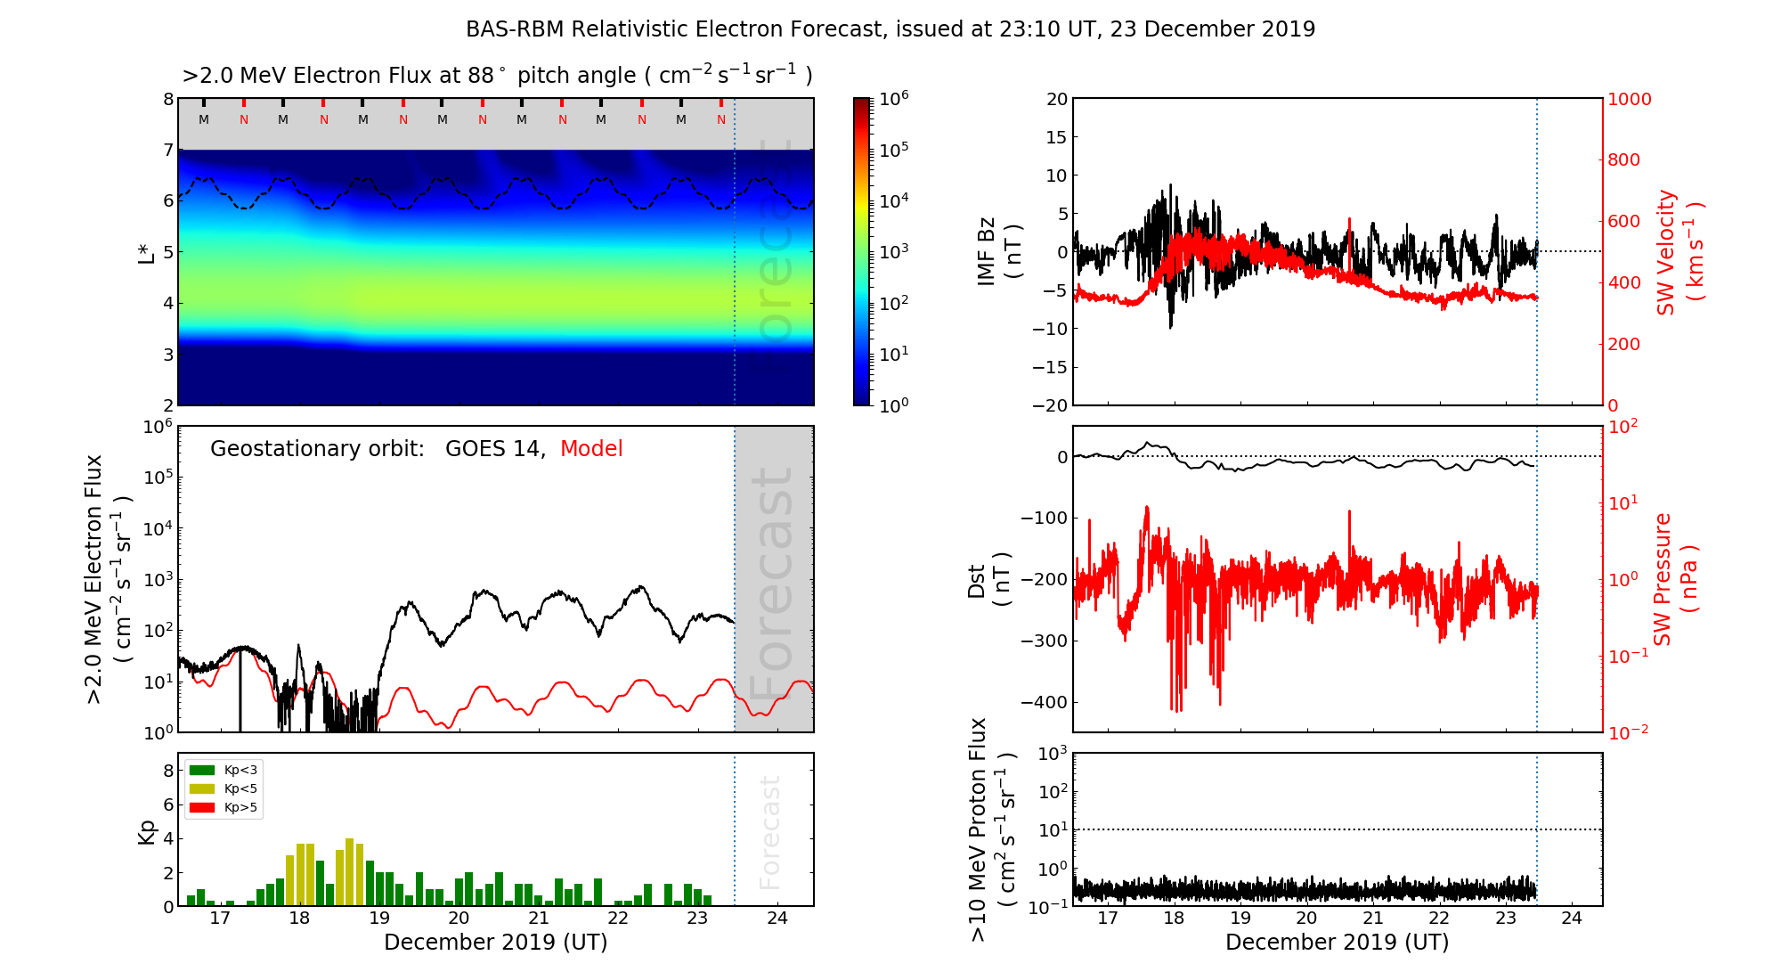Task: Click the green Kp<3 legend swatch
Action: [203, 770]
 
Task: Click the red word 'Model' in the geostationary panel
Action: [591, 449]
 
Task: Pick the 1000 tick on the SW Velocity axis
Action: [1629, 99]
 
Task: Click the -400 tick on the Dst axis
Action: [1044, 702]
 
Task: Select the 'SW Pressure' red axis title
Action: [1663, 579]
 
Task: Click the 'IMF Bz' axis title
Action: [987, 252]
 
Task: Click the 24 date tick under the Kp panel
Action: [777, 919]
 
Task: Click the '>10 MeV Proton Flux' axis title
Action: [979, 829]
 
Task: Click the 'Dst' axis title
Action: [977, 580]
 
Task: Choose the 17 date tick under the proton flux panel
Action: [1107, 919]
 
